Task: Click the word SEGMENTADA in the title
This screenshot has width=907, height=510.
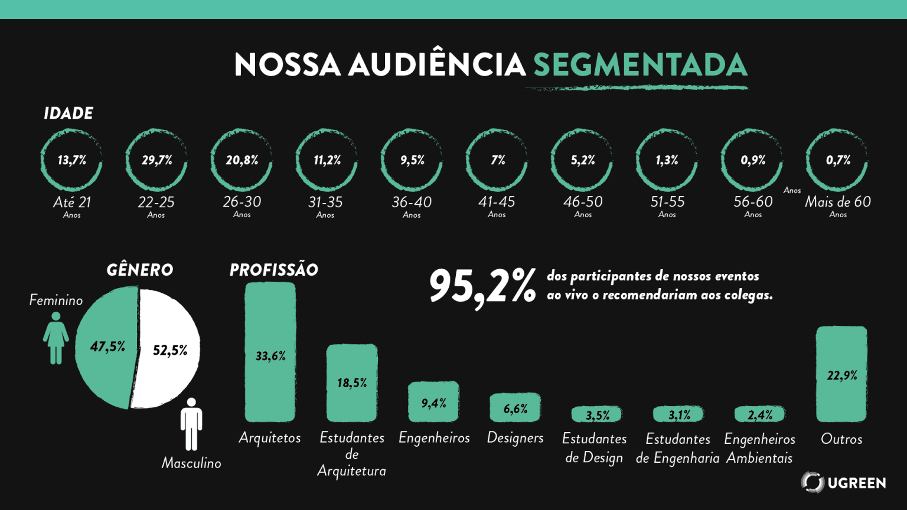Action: [x=640, y=64]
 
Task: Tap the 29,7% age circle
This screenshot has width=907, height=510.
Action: [x=156, y=160]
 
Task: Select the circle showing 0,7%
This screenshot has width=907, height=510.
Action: [x=837, y=160]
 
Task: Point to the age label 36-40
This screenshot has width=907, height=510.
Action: [x=412, y=202]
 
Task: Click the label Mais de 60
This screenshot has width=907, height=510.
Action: [x=837, y=202]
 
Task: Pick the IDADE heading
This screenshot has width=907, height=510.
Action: [x=68, y=113]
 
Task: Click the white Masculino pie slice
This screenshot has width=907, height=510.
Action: [x=168, y=351]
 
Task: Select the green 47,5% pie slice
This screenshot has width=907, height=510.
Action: [x=105, y=347]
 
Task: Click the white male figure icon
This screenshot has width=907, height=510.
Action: [x=191, y=423]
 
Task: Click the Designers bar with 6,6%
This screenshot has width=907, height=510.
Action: [x=515, y=408]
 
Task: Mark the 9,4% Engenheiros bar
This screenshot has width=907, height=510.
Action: [x=433, y=402]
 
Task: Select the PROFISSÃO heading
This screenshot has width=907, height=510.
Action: [x=274, y=270]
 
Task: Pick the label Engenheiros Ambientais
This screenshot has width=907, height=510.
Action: [x=759, y=449]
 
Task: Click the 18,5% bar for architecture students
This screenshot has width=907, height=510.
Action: [x=352, y=382]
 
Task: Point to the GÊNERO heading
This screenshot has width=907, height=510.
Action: [x=140, y=270]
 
